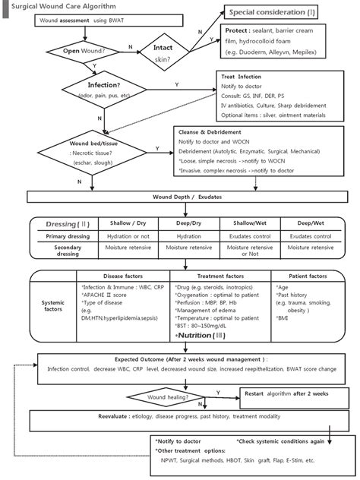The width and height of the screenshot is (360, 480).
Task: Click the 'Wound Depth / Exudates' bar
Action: tap(180, 197)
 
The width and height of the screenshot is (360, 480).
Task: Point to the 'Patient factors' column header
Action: tap(310, 276)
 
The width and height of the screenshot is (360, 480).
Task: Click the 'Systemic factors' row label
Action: tap(52, 305)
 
